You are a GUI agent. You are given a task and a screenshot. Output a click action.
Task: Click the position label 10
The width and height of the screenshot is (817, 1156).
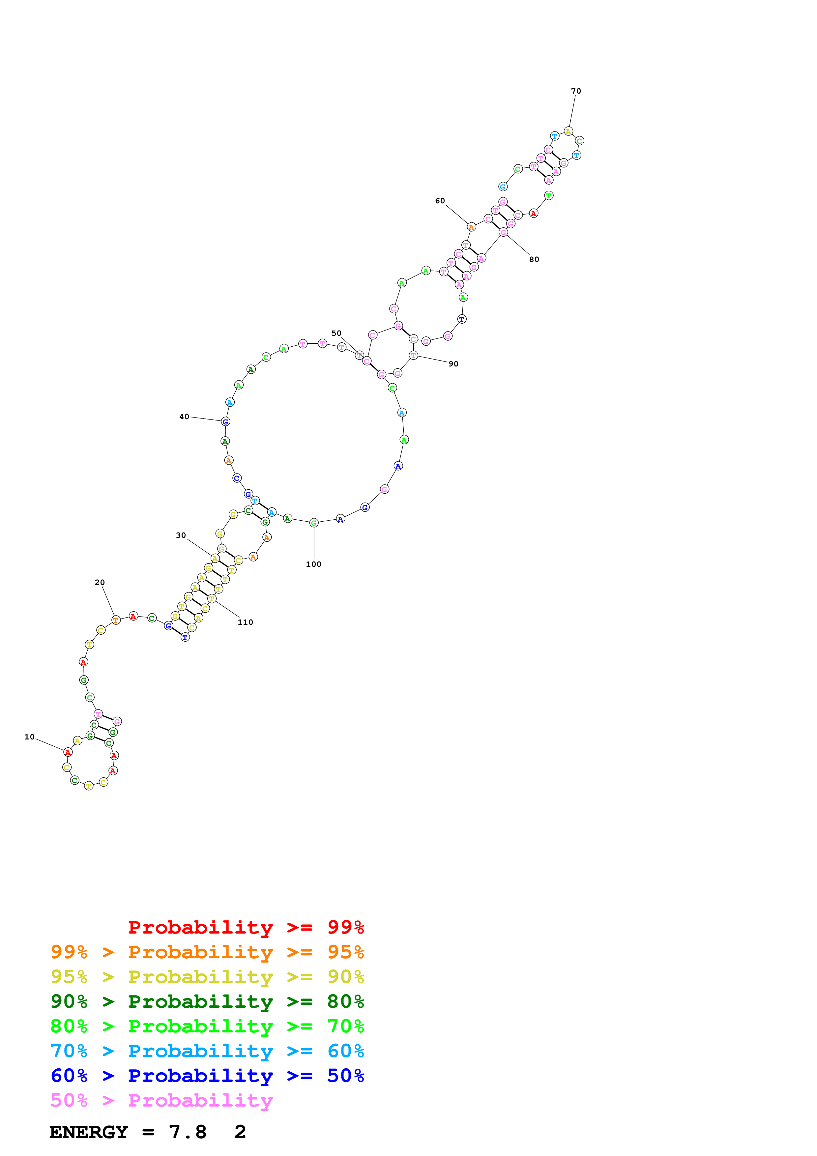(30, 737)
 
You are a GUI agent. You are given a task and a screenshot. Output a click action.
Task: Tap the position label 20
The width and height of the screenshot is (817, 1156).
(100, 583)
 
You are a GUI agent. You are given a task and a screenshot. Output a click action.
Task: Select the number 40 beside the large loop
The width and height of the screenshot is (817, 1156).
(184, 417)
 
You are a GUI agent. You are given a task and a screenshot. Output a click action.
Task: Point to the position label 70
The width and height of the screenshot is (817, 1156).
(576, 91)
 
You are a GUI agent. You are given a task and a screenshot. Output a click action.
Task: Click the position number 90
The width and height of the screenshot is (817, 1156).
(453, 364)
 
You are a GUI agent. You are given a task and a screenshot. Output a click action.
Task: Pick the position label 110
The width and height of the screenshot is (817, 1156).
(245, 622)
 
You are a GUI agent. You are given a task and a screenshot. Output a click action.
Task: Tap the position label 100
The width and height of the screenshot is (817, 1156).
(314, 564)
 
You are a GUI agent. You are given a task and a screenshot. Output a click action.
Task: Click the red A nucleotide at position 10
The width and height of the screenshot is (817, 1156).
(68, 752)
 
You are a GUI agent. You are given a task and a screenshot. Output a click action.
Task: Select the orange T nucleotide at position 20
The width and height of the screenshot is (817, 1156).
(116, 620)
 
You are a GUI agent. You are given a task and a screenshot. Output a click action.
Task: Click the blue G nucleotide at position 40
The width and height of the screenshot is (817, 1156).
(225, 421)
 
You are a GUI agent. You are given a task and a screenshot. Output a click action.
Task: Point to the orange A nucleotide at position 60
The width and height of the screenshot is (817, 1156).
(471, 227)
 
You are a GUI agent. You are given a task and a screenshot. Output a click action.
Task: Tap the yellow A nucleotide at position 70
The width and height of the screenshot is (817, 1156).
(568, 131)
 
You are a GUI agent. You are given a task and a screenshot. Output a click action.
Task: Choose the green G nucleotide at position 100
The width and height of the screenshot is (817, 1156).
(314, 523)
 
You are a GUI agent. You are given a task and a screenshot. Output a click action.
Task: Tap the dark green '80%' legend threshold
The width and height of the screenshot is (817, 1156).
(345, 1001)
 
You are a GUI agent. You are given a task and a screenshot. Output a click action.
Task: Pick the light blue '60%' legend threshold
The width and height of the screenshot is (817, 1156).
(345, 1051)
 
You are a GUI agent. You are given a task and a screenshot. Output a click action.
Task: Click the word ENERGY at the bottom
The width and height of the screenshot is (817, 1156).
(89, 1132)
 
